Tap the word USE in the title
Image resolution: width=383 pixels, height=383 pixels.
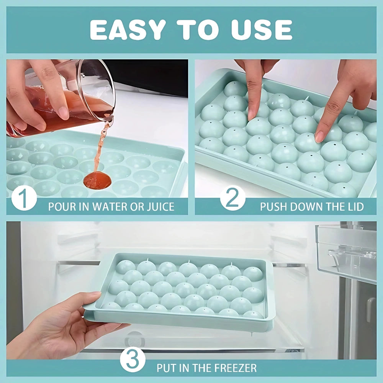pos(262,30)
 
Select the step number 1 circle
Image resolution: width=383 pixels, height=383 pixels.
pos(24,198)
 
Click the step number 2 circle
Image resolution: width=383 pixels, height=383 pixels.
pos(233,198)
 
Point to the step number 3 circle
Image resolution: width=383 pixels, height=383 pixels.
pos(133,359)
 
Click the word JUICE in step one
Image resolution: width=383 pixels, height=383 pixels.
pos(160,207)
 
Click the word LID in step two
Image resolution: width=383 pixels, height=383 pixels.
pos(355,207)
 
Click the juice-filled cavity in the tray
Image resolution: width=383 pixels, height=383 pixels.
pos(97,180)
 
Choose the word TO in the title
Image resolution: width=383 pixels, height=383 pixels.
pos(198,30)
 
